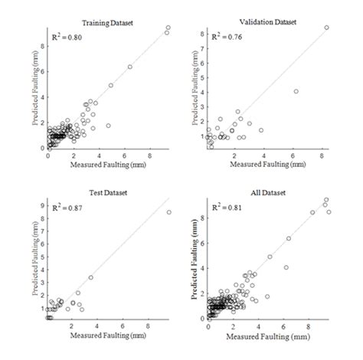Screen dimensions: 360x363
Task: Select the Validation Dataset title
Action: [x=267, y=23]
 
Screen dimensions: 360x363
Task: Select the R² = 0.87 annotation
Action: [x=67, y=208]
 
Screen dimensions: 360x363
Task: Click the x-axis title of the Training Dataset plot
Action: [x=106, y=164]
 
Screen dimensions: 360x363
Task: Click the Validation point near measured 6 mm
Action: [x=296, y=91]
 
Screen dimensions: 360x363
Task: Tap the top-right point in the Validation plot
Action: [x=326, y=28]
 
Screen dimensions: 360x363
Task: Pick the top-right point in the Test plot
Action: [x=168, y=212]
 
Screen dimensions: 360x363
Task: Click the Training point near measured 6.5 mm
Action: [x=129, y=67]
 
